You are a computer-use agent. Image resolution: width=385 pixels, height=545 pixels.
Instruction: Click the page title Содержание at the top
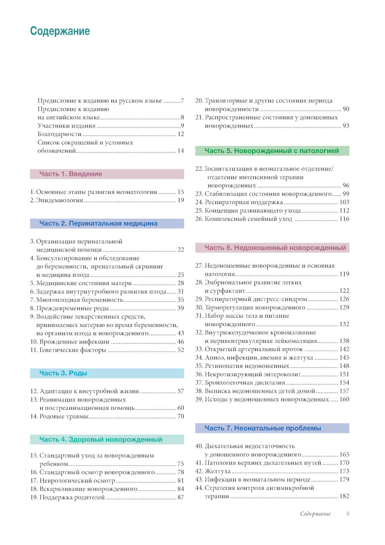pos(60,31)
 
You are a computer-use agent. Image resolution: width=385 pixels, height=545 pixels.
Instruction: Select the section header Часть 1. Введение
pos(70,174)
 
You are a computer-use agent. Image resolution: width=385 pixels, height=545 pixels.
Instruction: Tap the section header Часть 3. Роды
pos(63,373)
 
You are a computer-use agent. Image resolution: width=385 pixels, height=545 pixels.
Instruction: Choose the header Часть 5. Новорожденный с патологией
pos(271,151)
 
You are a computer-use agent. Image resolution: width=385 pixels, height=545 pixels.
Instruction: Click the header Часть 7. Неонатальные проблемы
pos(263,428)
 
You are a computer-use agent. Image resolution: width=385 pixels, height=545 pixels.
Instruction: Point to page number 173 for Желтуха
pos(344,471)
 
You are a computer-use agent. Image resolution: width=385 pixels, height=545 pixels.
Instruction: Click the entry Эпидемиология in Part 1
pos(59,200)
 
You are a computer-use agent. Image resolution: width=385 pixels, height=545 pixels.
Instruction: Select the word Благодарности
pos(60,134)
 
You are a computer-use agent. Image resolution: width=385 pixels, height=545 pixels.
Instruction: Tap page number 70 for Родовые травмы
pos(181,416)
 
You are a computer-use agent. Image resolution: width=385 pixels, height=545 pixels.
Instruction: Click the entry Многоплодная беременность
pos(79,300)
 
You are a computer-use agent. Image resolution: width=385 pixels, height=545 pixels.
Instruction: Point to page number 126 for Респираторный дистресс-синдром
pos(344,299)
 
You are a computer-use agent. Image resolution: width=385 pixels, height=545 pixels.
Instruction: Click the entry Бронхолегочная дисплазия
pos(244,383)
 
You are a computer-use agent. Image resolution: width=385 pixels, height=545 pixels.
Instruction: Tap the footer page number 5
pos(348,513)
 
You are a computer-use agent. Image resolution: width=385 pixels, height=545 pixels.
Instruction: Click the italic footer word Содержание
pos(315,514)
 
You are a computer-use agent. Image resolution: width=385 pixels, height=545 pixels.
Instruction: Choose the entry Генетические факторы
pos(72,350)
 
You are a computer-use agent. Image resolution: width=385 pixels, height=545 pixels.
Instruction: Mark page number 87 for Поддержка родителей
pos(181,498)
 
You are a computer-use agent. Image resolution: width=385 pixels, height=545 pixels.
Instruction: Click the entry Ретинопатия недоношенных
pos(246,366)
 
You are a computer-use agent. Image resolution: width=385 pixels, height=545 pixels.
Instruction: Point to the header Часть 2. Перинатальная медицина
pos(98,223)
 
